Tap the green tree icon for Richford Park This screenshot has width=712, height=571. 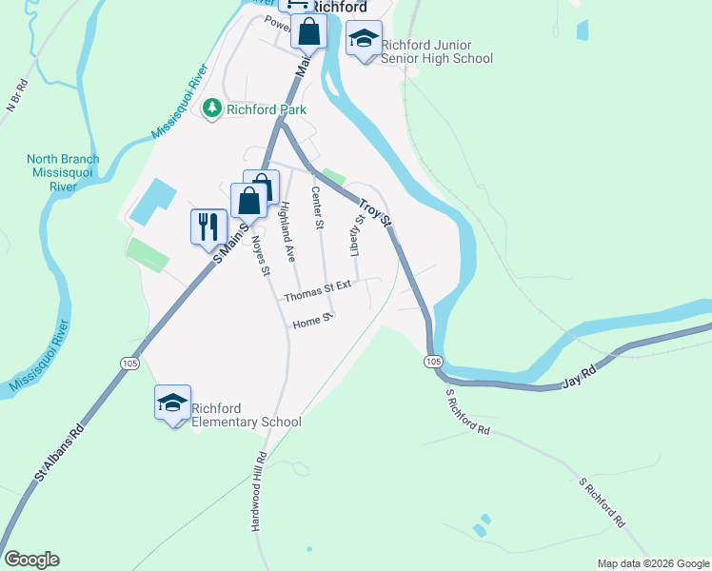click(x=212, y=109)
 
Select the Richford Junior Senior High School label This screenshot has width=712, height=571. click(x=437, y=51)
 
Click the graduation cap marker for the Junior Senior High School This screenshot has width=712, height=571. click(x=363, y=40)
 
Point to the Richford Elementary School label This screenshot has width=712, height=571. click(x=247, y=415)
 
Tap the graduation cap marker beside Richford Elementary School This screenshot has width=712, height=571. click(x=172, y=404)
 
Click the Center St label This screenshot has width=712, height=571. click(x=319, y=208)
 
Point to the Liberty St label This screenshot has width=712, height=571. click(x=358, y=235)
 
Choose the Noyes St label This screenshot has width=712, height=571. click(x=260, y=256)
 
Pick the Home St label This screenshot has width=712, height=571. click(x=311, y=323)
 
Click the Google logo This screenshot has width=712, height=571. click(x=31, y=560)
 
